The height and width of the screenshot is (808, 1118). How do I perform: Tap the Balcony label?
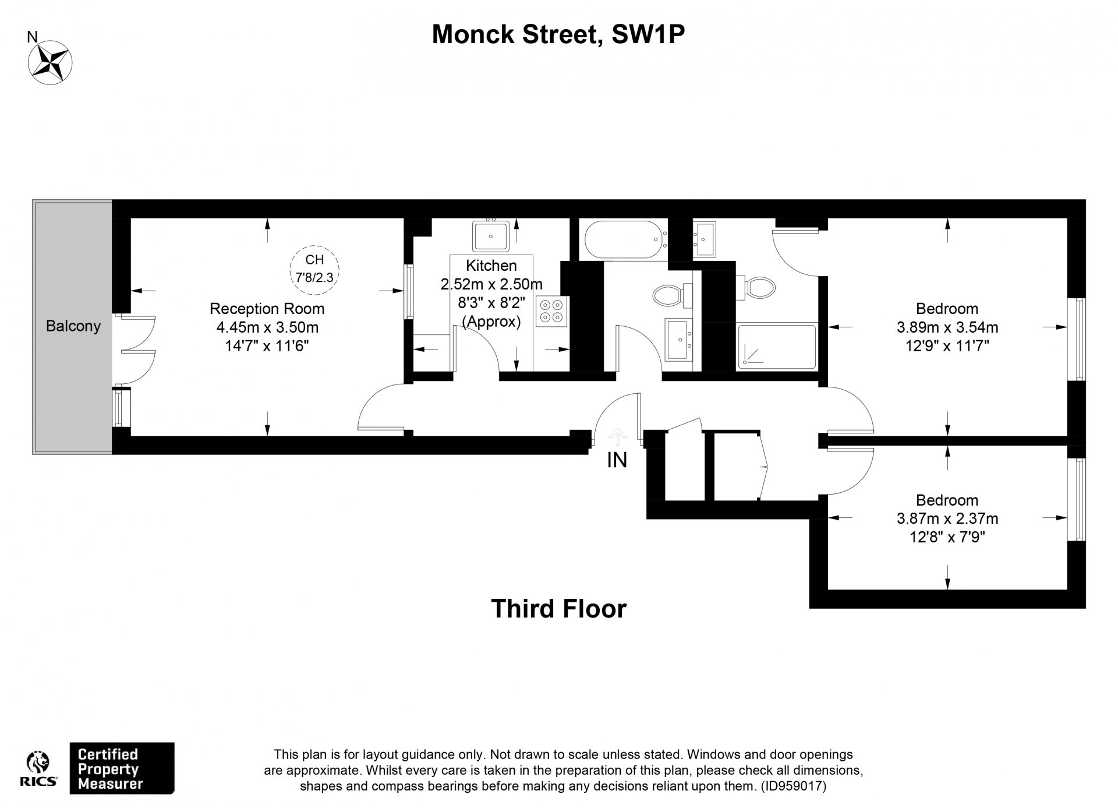tap(73, 326)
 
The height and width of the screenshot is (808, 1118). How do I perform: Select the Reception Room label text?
tap(267, 308)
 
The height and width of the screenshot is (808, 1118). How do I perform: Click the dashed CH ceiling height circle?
tap(314, 268)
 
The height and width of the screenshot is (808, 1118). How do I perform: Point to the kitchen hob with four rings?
tap(551, 311)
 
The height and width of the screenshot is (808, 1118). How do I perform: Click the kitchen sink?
tap(491, 236)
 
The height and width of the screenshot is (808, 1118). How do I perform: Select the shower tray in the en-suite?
tap(777, 347)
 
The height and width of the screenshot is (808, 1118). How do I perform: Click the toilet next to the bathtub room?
tap(671, 294)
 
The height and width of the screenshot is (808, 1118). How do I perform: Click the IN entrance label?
tap(617, 460)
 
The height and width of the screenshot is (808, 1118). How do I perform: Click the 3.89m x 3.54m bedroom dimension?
tap(947, 327)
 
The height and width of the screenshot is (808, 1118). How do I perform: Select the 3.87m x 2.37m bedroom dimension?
tap(947, 518)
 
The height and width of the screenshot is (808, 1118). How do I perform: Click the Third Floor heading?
tap(558, 609)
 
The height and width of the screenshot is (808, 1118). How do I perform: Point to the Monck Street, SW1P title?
tap(558, 34)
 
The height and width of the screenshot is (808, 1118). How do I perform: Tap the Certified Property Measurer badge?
tap(122, 768)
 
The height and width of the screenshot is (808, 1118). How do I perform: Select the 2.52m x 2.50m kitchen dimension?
tap(491, 284)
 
